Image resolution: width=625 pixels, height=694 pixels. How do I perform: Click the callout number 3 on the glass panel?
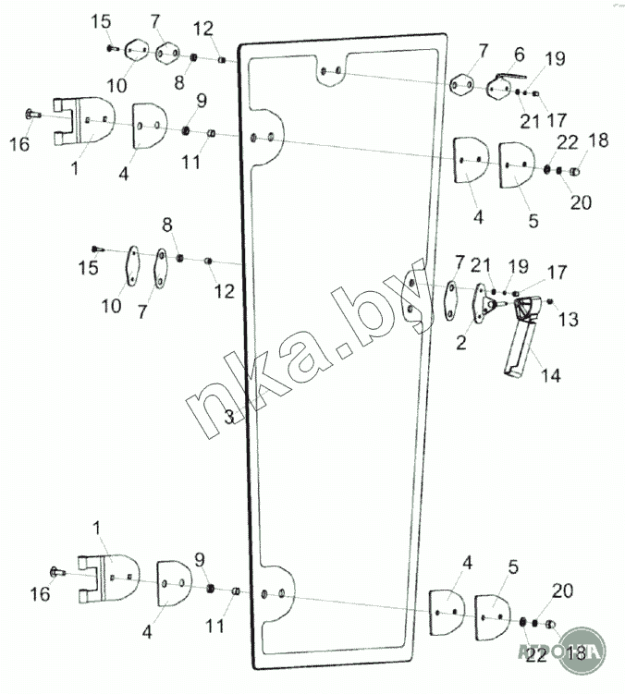coord(228,418)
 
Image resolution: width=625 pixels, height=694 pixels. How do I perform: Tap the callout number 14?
coord(552,376)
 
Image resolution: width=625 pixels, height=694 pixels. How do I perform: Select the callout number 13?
coord(568,319)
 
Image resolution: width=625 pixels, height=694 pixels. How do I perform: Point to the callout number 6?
coord(519,55)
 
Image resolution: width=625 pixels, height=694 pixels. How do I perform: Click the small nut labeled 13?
coord(550,301)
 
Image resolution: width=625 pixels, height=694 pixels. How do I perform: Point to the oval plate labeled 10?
coord(132,266)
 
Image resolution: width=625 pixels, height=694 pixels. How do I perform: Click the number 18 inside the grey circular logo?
coord(575,652)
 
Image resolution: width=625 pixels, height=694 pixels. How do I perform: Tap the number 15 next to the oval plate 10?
coord(88,268)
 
